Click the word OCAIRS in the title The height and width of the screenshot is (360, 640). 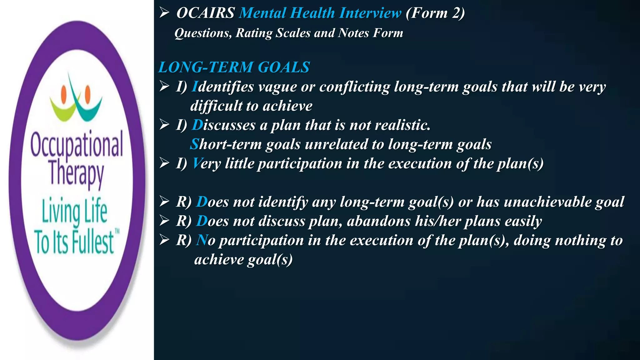[x=205, y=13]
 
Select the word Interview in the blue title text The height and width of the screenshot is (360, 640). [x=370, y=13]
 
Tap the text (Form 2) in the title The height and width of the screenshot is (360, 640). [x=435, y=13]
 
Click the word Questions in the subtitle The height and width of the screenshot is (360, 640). [x=203, y=33]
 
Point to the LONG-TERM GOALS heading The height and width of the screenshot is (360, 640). [x=234, y=67]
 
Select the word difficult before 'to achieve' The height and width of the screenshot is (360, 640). [x=216, y=106]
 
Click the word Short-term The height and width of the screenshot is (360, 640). [x=226, y=144]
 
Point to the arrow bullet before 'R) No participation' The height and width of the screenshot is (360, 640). [x=164, y=240]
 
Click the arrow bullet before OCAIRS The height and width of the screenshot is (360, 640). [x=164, y=13]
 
